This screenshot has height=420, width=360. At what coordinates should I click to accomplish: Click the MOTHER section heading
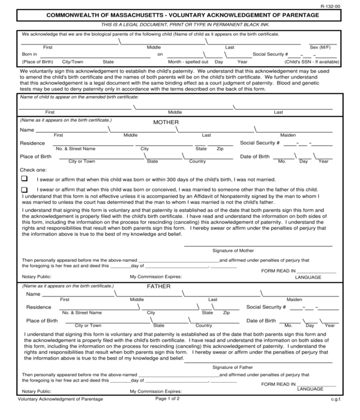[x=166, y=122]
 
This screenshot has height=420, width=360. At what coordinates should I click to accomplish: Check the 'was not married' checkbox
[x=25, y=179]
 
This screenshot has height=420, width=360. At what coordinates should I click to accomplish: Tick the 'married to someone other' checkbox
[x=25, y=190]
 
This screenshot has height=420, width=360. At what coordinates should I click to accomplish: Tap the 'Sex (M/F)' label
[x=319, y=47]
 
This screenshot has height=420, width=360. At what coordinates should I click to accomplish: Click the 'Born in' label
[x=30, y=54]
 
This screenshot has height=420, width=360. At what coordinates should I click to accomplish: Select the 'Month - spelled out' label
[x=188, y=62]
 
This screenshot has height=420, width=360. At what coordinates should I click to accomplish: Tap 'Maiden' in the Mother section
[x=287, y=135]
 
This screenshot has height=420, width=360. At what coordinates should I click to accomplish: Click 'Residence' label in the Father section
[x=38, y=307]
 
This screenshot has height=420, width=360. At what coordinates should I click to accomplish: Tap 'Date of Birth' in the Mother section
[x=255, y=157]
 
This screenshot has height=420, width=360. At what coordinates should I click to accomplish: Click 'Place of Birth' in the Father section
[x=42, y=320]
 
